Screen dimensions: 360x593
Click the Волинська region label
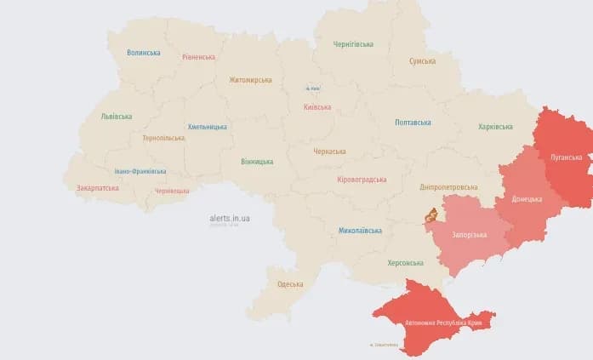(143, 53)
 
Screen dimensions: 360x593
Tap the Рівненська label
(198, 57)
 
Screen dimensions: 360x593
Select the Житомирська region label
(250, 80)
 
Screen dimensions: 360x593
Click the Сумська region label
(422, 61)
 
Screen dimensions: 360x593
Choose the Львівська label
(117, 116)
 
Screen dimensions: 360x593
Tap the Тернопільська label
(163, 137)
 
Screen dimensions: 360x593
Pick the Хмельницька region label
(207, 127)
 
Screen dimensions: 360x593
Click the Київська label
(317, 107)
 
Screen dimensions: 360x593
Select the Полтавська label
(413, 123)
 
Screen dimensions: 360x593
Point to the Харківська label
(495, 127)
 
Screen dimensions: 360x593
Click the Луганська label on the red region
(566, 157)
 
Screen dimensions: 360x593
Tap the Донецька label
(527, 199)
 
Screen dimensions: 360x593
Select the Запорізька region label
(469, 234)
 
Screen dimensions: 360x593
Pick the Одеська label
(290, 284)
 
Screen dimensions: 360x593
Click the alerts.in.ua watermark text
(230, 218)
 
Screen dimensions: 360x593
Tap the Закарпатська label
(98, 187)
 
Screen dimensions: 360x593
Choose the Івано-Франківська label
(140, 171)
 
